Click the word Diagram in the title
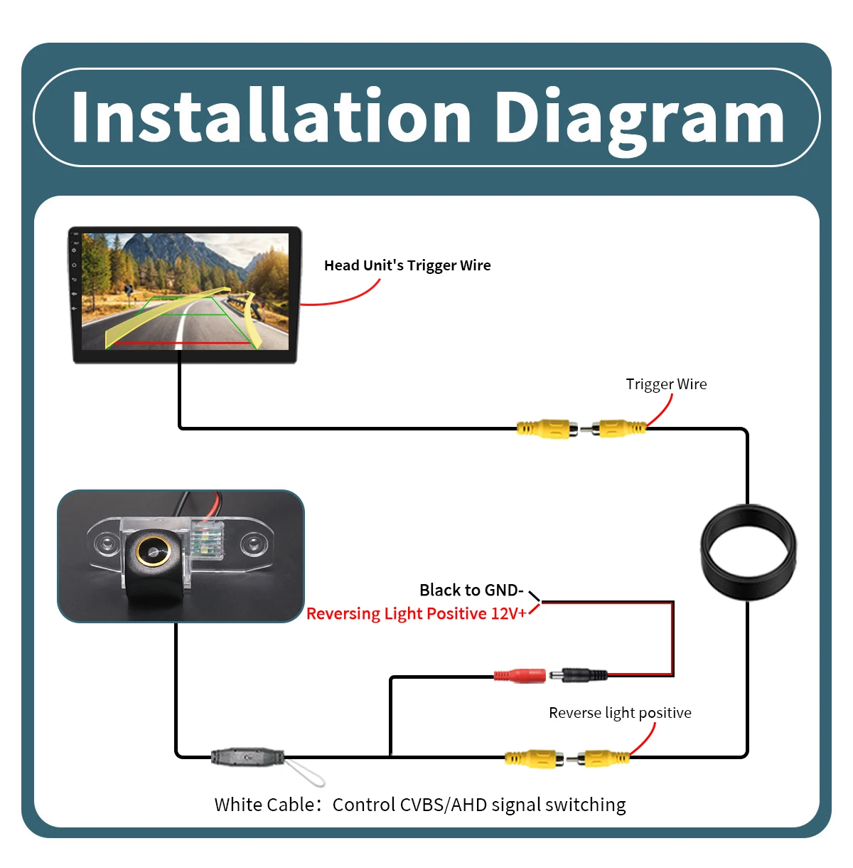[x=640, y=122]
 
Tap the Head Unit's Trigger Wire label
[x=407, y=265]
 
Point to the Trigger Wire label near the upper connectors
[x=666, y=384]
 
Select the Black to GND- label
[x=471, y=590]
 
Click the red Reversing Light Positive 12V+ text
[x=417, y=613]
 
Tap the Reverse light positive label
[x=620, y=713]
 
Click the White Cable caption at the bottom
[x=420, y=805]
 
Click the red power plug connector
[x=520, y=675]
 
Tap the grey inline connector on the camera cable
[x=247, y=757]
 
